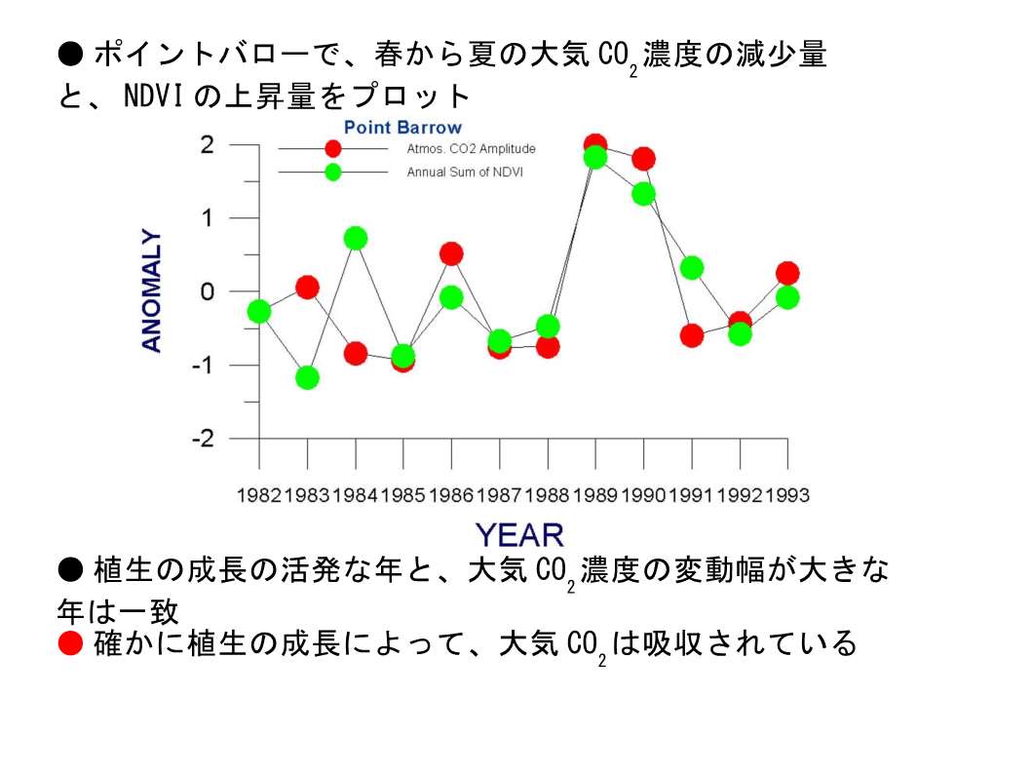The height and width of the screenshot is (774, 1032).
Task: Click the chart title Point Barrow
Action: pyautogui.click(x=402, y=127)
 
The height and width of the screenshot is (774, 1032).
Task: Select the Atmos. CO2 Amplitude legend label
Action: pyautogui.click(x=471, y=149)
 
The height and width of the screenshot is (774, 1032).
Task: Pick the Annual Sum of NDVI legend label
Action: pyautogui.click(x=465, y=173)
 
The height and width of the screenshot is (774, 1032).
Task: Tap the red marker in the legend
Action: pyautogui.click(x=333, y=149)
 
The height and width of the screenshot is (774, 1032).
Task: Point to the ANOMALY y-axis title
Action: pyautogui.click(x=151, y=290)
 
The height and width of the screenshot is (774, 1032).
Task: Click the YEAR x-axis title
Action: pyautogui.click(x=520, y=535)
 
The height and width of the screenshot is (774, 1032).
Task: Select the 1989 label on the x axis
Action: pyautogui.click(x=595, y=495)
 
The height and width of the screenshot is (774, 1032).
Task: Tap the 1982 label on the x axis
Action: pyautogui.click(x=259, y=495)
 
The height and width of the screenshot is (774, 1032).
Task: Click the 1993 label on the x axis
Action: pyautogui.click(x=787, y=495)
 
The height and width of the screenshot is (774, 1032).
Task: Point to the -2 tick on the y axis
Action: pyautogui.click(x=203, y=439)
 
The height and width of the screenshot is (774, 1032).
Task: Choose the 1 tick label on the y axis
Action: pyautogui.click(x=208, y=217)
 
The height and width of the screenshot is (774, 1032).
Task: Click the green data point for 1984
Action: pyautogui.click(x=356, y=238)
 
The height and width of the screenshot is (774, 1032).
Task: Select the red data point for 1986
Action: pyautogui.click(x=451, y=253)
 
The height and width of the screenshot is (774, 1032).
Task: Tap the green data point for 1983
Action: pyautogui.click(x=307, y=378)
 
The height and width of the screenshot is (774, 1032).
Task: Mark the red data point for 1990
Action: pyautogui.click(x=644, y=159)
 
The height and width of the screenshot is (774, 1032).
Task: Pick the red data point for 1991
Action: pyautogui.click(x=692, y=335)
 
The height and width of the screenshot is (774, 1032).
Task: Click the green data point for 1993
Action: pyautogui.click(x=787, y=297)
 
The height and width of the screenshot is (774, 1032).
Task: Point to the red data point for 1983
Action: pyautogui.click(x=307, y=288)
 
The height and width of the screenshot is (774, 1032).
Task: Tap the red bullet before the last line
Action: pyautogui.click(x=70, y=643)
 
